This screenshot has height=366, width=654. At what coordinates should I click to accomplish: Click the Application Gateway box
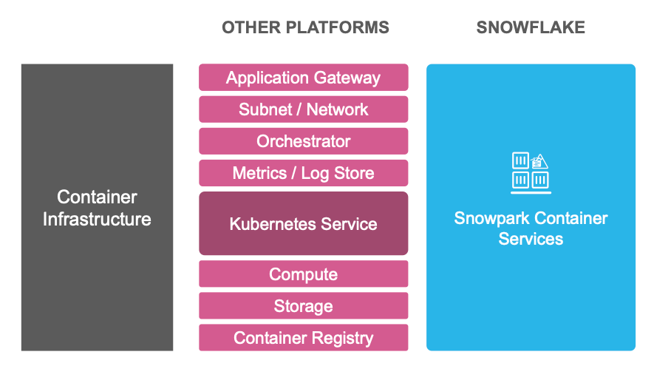[303, 78]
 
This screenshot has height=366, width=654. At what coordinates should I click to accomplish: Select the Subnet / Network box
[303, 109]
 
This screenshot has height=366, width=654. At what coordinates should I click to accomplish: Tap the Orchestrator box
[303, 141]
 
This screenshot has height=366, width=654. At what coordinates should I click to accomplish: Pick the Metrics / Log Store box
[303, 173]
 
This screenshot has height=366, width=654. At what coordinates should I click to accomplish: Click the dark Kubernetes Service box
[303, 223]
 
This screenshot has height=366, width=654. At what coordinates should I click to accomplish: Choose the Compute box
[303, 274]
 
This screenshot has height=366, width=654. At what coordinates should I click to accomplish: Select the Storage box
[303, 306]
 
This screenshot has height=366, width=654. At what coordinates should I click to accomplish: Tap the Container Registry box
[303, 338]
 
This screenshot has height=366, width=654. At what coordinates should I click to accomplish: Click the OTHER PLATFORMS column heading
[305, 28]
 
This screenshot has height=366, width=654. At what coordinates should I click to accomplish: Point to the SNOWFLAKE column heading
[531, 28]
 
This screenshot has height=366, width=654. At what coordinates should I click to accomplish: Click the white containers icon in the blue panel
[531, 172]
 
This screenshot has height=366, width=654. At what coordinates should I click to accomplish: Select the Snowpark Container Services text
[531, 228]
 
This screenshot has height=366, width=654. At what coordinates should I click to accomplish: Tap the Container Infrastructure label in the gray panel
[97, 209]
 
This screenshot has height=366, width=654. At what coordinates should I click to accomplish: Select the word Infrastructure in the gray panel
[97, 220]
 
